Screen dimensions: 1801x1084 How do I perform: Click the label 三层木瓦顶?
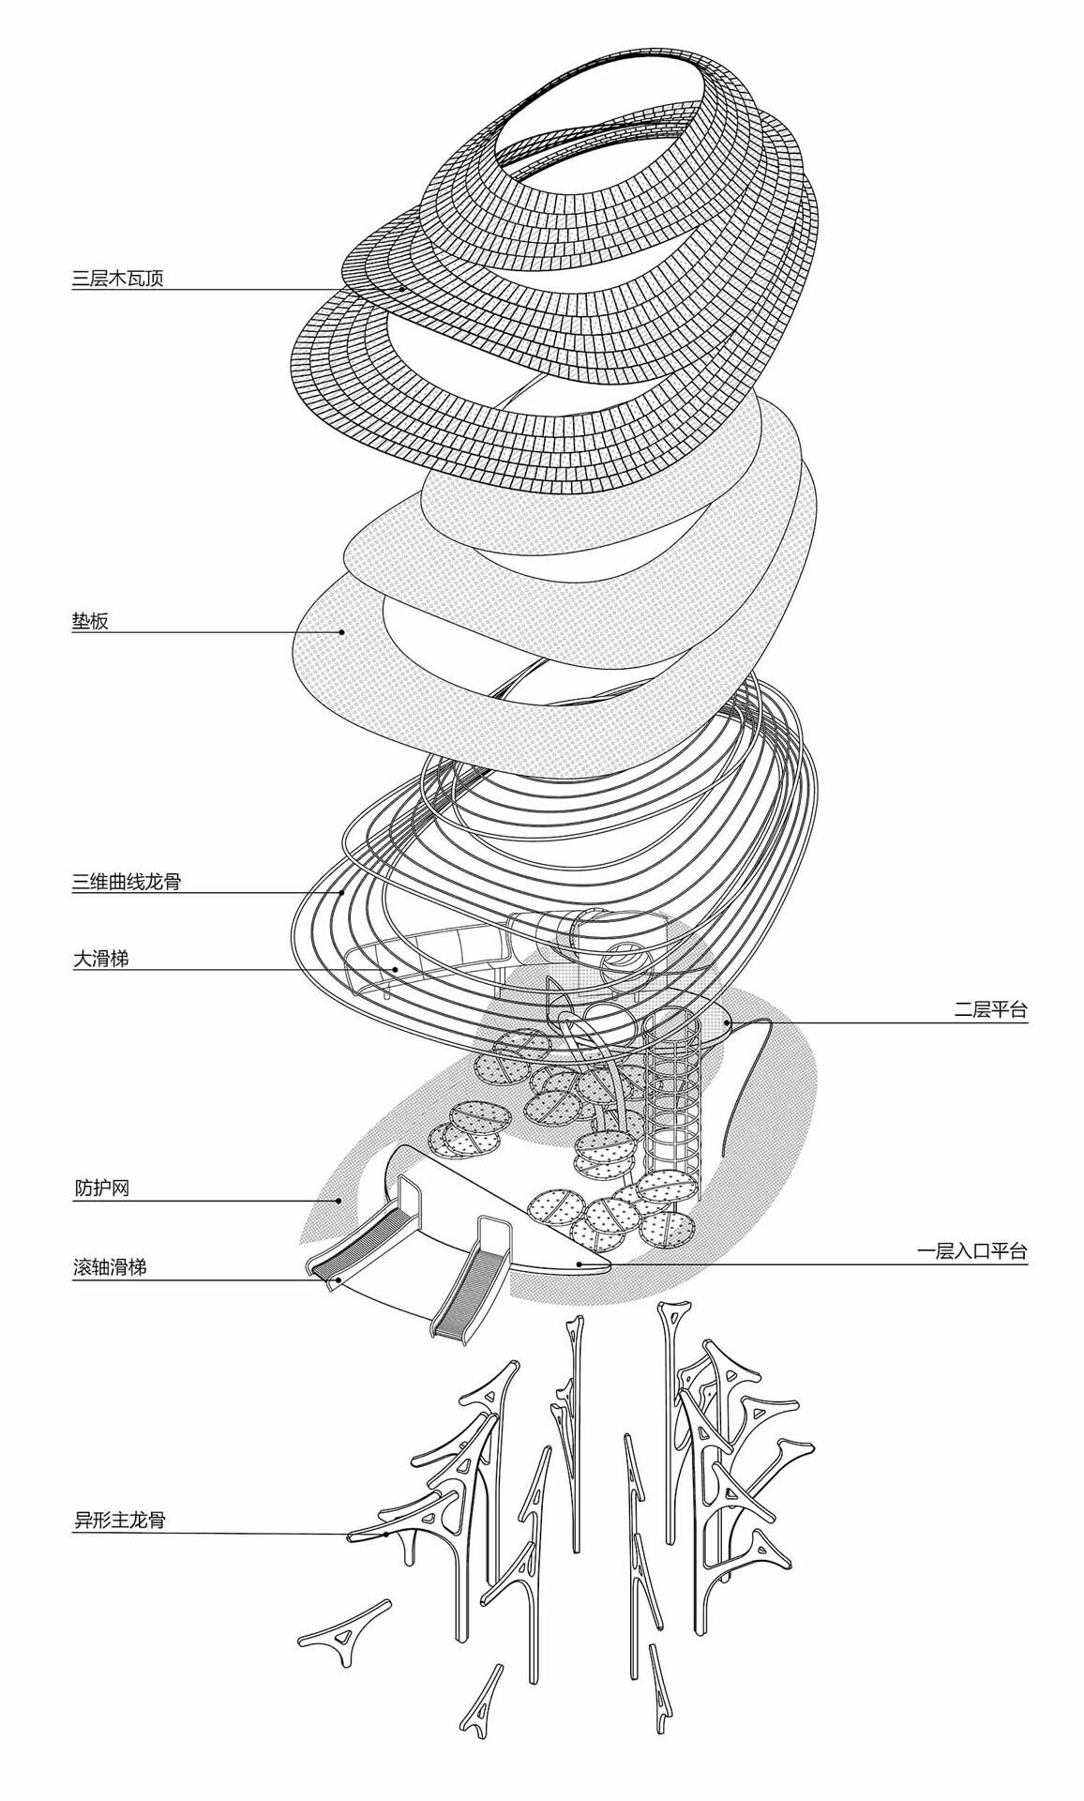118,279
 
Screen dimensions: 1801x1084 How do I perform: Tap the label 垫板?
91,621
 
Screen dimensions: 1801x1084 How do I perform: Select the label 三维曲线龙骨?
127,882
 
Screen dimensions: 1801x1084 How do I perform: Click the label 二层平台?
990,1011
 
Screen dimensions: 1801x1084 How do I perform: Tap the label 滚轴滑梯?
110,1267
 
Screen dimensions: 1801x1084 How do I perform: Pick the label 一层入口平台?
971,1251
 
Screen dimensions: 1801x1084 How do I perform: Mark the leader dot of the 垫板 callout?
342,632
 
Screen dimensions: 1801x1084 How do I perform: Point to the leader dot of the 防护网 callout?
339,1201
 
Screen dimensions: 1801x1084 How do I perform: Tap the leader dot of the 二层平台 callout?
729,1022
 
